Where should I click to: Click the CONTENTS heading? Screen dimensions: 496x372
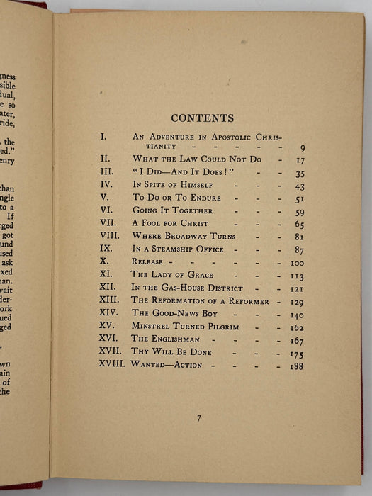pyautogui.click(x=203, y=118)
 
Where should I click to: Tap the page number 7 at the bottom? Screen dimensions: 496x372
pyautogui.click(x=198, y=419)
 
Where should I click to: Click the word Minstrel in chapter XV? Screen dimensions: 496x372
pyautogui.click(x=152, y=327)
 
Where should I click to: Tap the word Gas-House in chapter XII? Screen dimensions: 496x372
pyautogui.click(x=189, y=288)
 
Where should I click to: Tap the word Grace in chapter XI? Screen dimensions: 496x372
pyautogui.click(x=197, y=275)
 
